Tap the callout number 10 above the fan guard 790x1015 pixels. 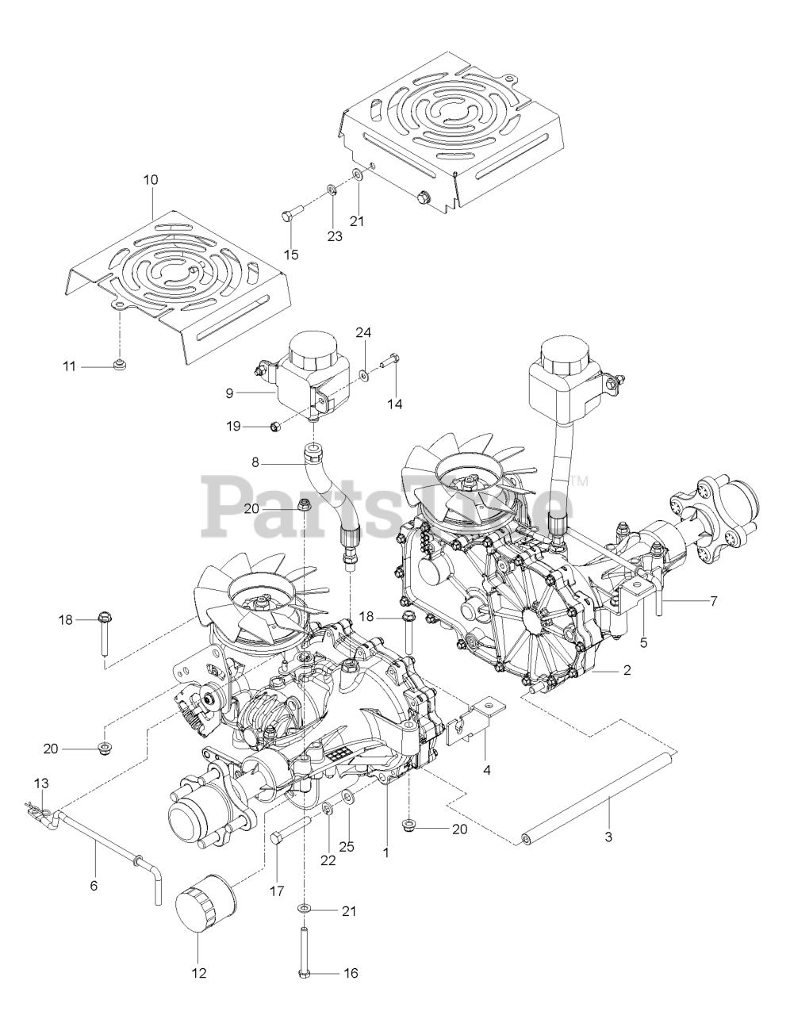[150, 180]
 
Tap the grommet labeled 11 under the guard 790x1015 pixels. [120, 365]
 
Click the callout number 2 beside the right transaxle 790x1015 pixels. [627, 671]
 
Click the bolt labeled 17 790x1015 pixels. [284, 837]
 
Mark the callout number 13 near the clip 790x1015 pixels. [41, 783]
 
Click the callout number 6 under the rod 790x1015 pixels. [94, 886]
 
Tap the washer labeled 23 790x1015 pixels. [331, 190]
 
